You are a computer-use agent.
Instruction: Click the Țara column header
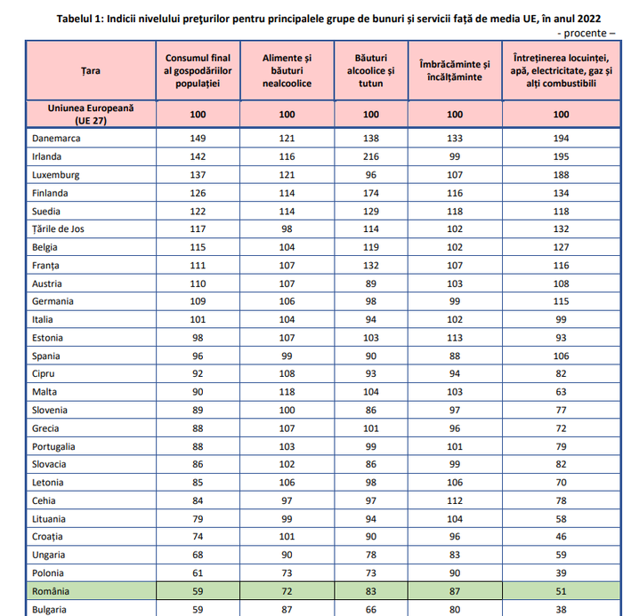(91, 70)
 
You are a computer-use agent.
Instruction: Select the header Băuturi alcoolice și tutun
(371, 70)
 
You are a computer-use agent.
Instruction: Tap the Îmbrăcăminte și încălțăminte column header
(455, 70)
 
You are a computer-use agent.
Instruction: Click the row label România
(51, 591)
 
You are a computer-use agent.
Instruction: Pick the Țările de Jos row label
(58, 229)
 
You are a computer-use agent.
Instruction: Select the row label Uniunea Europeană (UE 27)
(91, 115)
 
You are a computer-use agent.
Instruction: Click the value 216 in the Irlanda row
(371, 156)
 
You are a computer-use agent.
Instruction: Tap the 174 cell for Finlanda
(371, 193)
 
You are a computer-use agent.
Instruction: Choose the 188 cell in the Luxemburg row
(561, 174)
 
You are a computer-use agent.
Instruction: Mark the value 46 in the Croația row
(561, 537)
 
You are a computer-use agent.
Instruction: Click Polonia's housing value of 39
(561, 573)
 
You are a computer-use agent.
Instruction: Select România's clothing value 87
(455, 591)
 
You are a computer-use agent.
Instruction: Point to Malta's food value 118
(287, 392)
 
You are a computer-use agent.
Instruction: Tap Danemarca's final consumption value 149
(198, 138)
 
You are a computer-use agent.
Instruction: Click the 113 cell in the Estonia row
(455, 338)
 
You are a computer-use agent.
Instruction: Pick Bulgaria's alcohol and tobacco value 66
(371, 610)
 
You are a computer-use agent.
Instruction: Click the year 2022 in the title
(589, 19)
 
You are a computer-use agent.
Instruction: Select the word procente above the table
(585, 33)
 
